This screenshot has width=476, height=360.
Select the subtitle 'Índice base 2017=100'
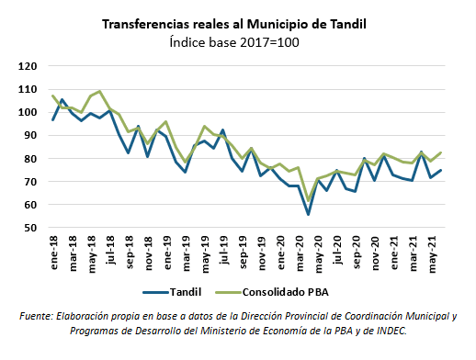tap(237, 42)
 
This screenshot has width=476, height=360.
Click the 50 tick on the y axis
tap(30, 228)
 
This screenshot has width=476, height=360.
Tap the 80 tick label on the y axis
tap(30, 159)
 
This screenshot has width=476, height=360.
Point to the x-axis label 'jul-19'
tap(224, 250)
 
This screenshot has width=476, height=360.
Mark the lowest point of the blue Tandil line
tap(309, 214)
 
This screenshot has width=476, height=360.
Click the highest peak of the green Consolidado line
tap(100, 91)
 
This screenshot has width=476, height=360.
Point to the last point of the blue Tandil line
tap(441, 170)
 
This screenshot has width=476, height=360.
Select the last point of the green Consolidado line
tap(441, 152)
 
